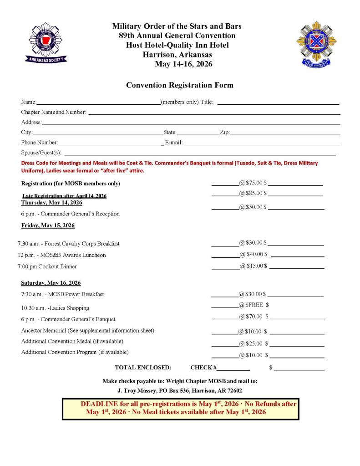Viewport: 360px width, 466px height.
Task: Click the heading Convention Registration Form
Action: click(179, 85)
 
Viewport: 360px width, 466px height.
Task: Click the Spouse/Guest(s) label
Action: click(41, 153)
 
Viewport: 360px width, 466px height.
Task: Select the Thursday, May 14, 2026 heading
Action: click(51, 202)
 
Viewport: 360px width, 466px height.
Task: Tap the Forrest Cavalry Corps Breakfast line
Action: click(69, 244)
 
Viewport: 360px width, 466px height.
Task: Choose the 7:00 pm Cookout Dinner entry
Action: click(47, 266)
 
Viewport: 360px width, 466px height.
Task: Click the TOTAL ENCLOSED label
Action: click(143, 367)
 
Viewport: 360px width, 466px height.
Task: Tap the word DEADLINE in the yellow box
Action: click(99, 404)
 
